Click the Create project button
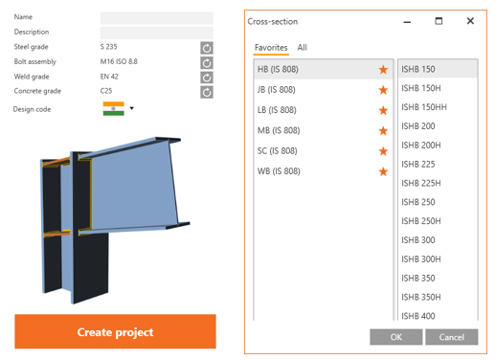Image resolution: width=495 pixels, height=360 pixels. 115,331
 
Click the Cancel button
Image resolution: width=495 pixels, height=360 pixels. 452,337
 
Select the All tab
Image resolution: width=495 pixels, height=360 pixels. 302,48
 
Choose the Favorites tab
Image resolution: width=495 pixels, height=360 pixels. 271,48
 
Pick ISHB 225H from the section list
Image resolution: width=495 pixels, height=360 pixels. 421,183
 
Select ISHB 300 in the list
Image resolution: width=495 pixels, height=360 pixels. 418,240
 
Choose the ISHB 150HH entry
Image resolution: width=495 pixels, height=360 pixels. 424,107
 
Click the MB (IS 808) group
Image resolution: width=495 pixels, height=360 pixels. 279,130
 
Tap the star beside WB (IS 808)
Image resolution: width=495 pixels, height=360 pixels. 383,171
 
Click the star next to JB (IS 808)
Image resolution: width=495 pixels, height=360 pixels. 383,90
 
